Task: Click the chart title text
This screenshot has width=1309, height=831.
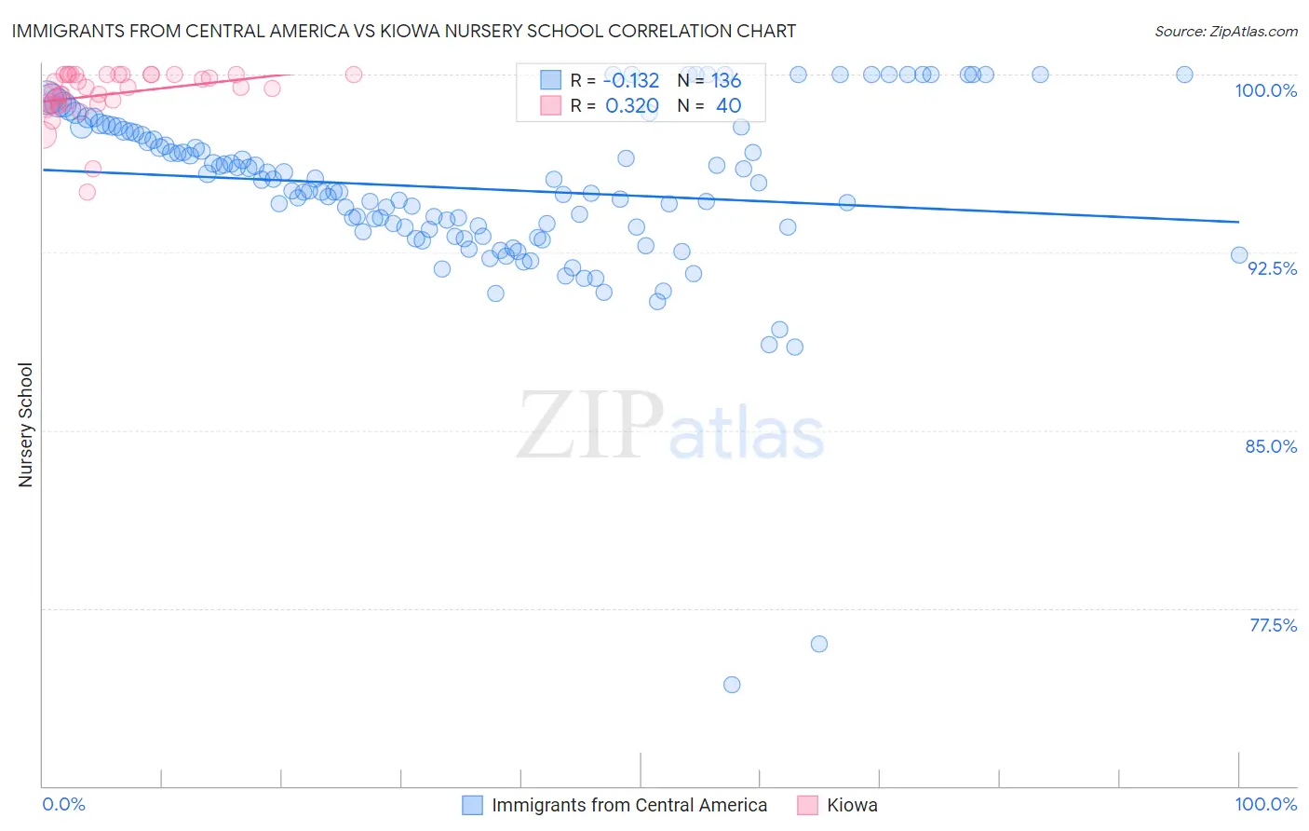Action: click(403, 31)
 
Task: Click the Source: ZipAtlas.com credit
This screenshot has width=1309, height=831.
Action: click(1225, 31)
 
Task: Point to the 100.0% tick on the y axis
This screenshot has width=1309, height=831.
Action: click(1265, 90)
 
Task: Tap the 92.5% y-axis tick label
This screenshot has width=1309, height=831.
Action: click(1272, 268)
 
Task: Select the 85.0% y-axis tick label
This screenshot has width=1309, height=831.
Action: click(1271, 446)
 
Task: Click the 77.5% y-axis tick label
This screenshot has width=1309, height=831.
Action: click(1273, 625)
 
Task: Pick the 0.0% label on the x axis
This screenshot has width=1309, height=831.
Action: click(63, 804)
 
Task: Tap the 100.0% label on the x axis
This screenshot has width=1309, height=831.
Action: click(1265, 804)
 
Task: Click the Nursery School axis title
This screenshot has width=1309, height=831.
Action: click(25, 425)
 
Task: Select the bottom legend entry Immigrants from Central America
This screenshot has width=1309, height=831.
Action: click(629, 805)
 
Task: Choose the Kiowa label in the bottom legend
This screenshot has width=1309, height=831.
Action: click(852, 805)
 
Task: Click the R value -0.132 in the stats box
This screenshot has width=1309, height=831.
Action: click(632, 80)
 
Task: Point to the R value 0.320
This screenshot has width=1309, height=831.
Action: click(632, 106)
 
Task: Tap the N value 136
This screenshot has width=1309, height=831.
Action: click(726, 80)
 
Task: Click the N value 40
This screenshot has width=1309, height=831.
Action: click(728, 106)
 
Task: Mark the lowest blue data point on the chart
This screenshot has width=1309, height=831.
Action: click(732, 685)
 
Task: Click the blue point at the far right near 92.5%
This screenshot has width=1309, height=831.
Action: click(1239, 255)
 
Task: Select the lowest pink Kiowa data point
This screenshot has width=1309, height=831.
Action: click(87, 192)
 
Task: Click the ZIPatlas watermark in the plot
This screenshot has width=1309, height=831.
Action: click(670, 426)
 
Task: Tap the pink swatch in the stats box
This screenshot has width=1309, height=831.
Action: click(550, 105)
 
